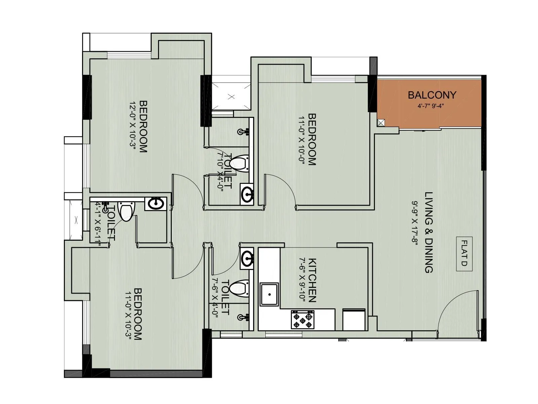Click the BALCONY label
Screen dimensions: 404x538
(432, 95)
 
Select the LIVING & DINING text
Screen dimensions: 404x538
(429, 232)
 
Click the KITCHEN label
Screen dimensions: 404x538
(312, 280)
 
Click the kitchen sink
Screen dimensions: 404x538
(269, 294)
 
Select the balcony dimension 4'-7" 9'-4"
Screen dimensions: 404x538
(431, 106)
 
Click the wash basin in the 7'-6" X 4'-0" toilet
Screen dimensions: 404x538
(247, 259)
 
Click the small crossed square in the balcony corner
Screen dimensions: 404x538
(381, 123)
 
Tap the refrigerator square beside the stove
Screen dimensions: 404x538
(354, 319)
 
